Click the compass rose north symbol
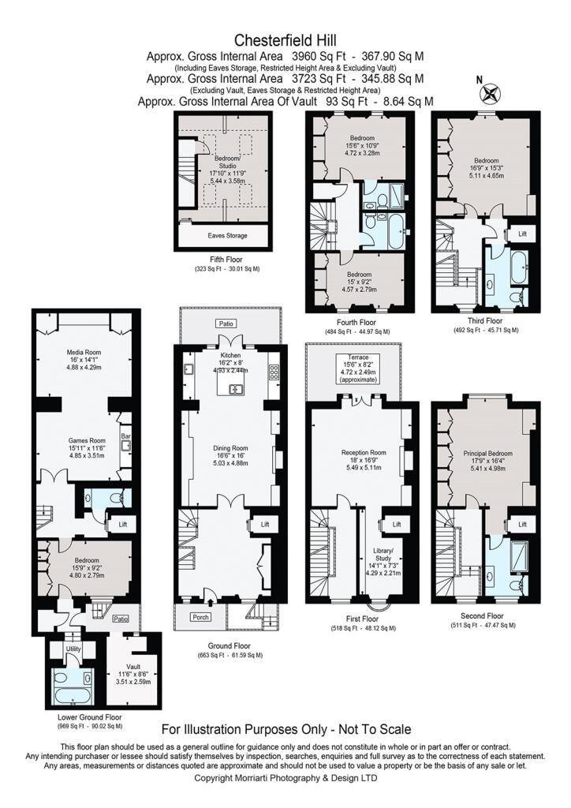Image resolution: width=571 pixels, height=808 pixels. coord(491,93)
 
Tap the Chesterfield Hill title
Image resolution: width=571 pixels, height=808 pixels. coord(285,39)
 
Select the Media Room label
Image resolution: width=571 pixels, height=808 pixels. coord(86,353)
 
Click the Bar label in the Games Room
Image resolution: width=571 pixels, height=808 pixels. coord(125,436)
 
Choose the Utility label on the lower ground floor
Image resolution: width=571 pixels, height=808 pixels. coord(73,649)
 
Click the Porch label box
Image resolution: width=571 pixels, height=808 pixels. coord(201,617)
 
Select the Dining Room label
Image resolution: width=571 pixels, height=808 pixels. coord(230,448)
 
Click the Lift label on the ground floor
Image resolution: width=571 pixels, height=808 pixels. coord(265,524)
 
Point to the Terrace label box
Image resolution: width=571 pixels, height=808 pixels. coord(358,368)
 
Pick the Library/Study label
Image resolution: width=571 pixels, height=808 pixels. coord(383,554)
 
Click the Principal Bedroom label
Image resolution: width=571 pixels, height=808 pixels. coord(487,454)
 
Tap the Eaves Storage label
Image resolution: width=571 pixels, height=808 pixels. coord(228,235)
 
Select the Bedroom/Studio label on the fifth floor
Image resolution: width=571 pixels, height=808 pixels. coord(227,162)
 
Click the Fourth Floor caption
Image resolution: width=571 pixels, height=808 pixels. coord(357,323)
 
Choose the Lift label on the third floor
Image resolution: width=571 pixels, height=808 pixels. coord(523,234)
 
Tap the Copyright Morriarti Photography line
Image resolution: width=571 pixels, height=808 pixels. coord(285,792)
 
